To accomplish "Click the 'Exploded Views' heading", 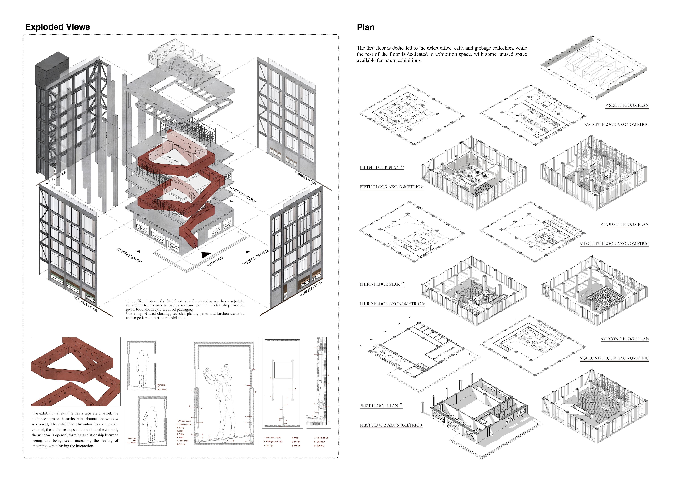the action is click(57, 27).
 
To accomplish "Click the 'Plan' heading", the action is click(366, 27).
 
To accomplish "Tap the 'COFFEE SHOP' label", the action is click(129, 255).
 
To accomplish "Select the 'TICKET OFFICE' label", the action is click(256, 257).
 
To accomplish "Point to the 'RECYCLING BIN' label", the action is click(243, 195).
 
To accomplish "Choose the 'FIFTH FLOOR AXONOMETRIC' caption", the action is click(391, 187).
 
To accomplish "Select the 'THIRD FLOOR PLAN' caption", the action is click(381, 284).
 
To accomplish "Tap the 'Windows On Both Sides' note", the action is click(162, 387).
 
